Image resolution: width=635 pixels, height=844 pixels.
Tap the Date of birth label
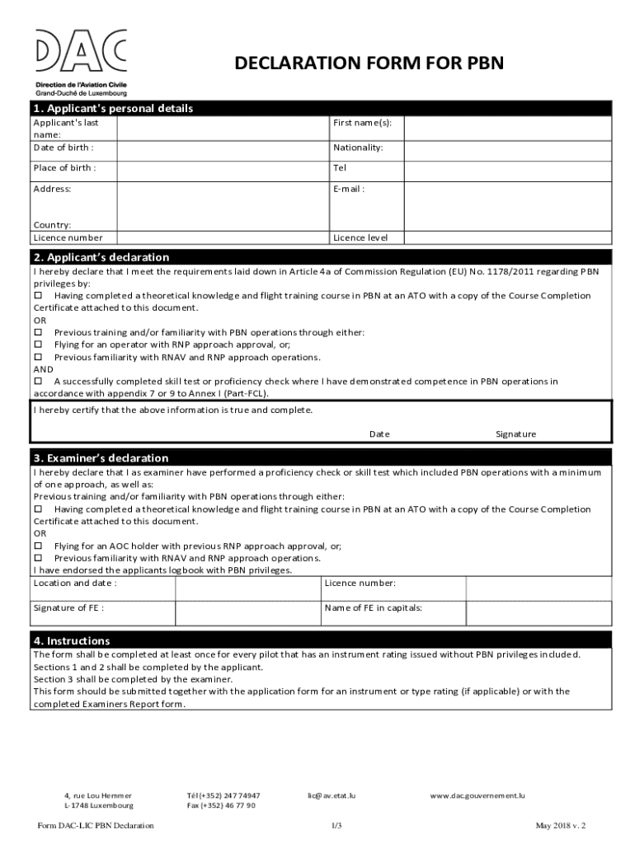[x=63, y=148]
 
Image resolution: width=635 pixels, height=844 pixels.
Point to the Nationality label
[x=358, y=148]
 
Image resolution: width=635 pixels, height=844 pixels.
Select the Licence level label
[x=360, y=237]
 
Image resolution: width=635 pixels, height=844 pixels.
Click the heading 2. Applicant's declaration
[x=101, y=257]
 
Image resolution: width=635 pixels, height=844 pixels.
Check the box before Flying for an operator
[x=37, y=345]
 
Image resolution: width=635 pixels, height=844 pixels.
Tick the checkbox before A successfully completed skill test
[x=37, y=382]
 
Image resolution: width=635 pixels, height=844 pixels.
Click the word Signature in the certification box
[x=515, y=434]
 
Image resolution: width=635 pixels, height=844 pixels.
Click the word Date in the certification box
[x=379, y=434]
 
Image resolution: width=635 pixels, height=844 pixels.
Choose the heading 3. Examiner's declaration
[x=101, y=457]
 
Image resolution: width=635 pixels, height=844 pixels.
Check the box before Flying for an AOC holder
[x=37, y=546]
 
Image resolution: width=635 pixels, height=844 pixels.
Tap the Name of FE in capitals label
[x=374, y=607]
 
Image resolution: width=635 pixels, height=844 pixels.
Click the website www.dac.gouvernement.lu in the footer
[x=477, y=795]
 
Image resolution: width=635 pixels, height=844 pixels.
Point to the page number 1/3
[x=336, y=825]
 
